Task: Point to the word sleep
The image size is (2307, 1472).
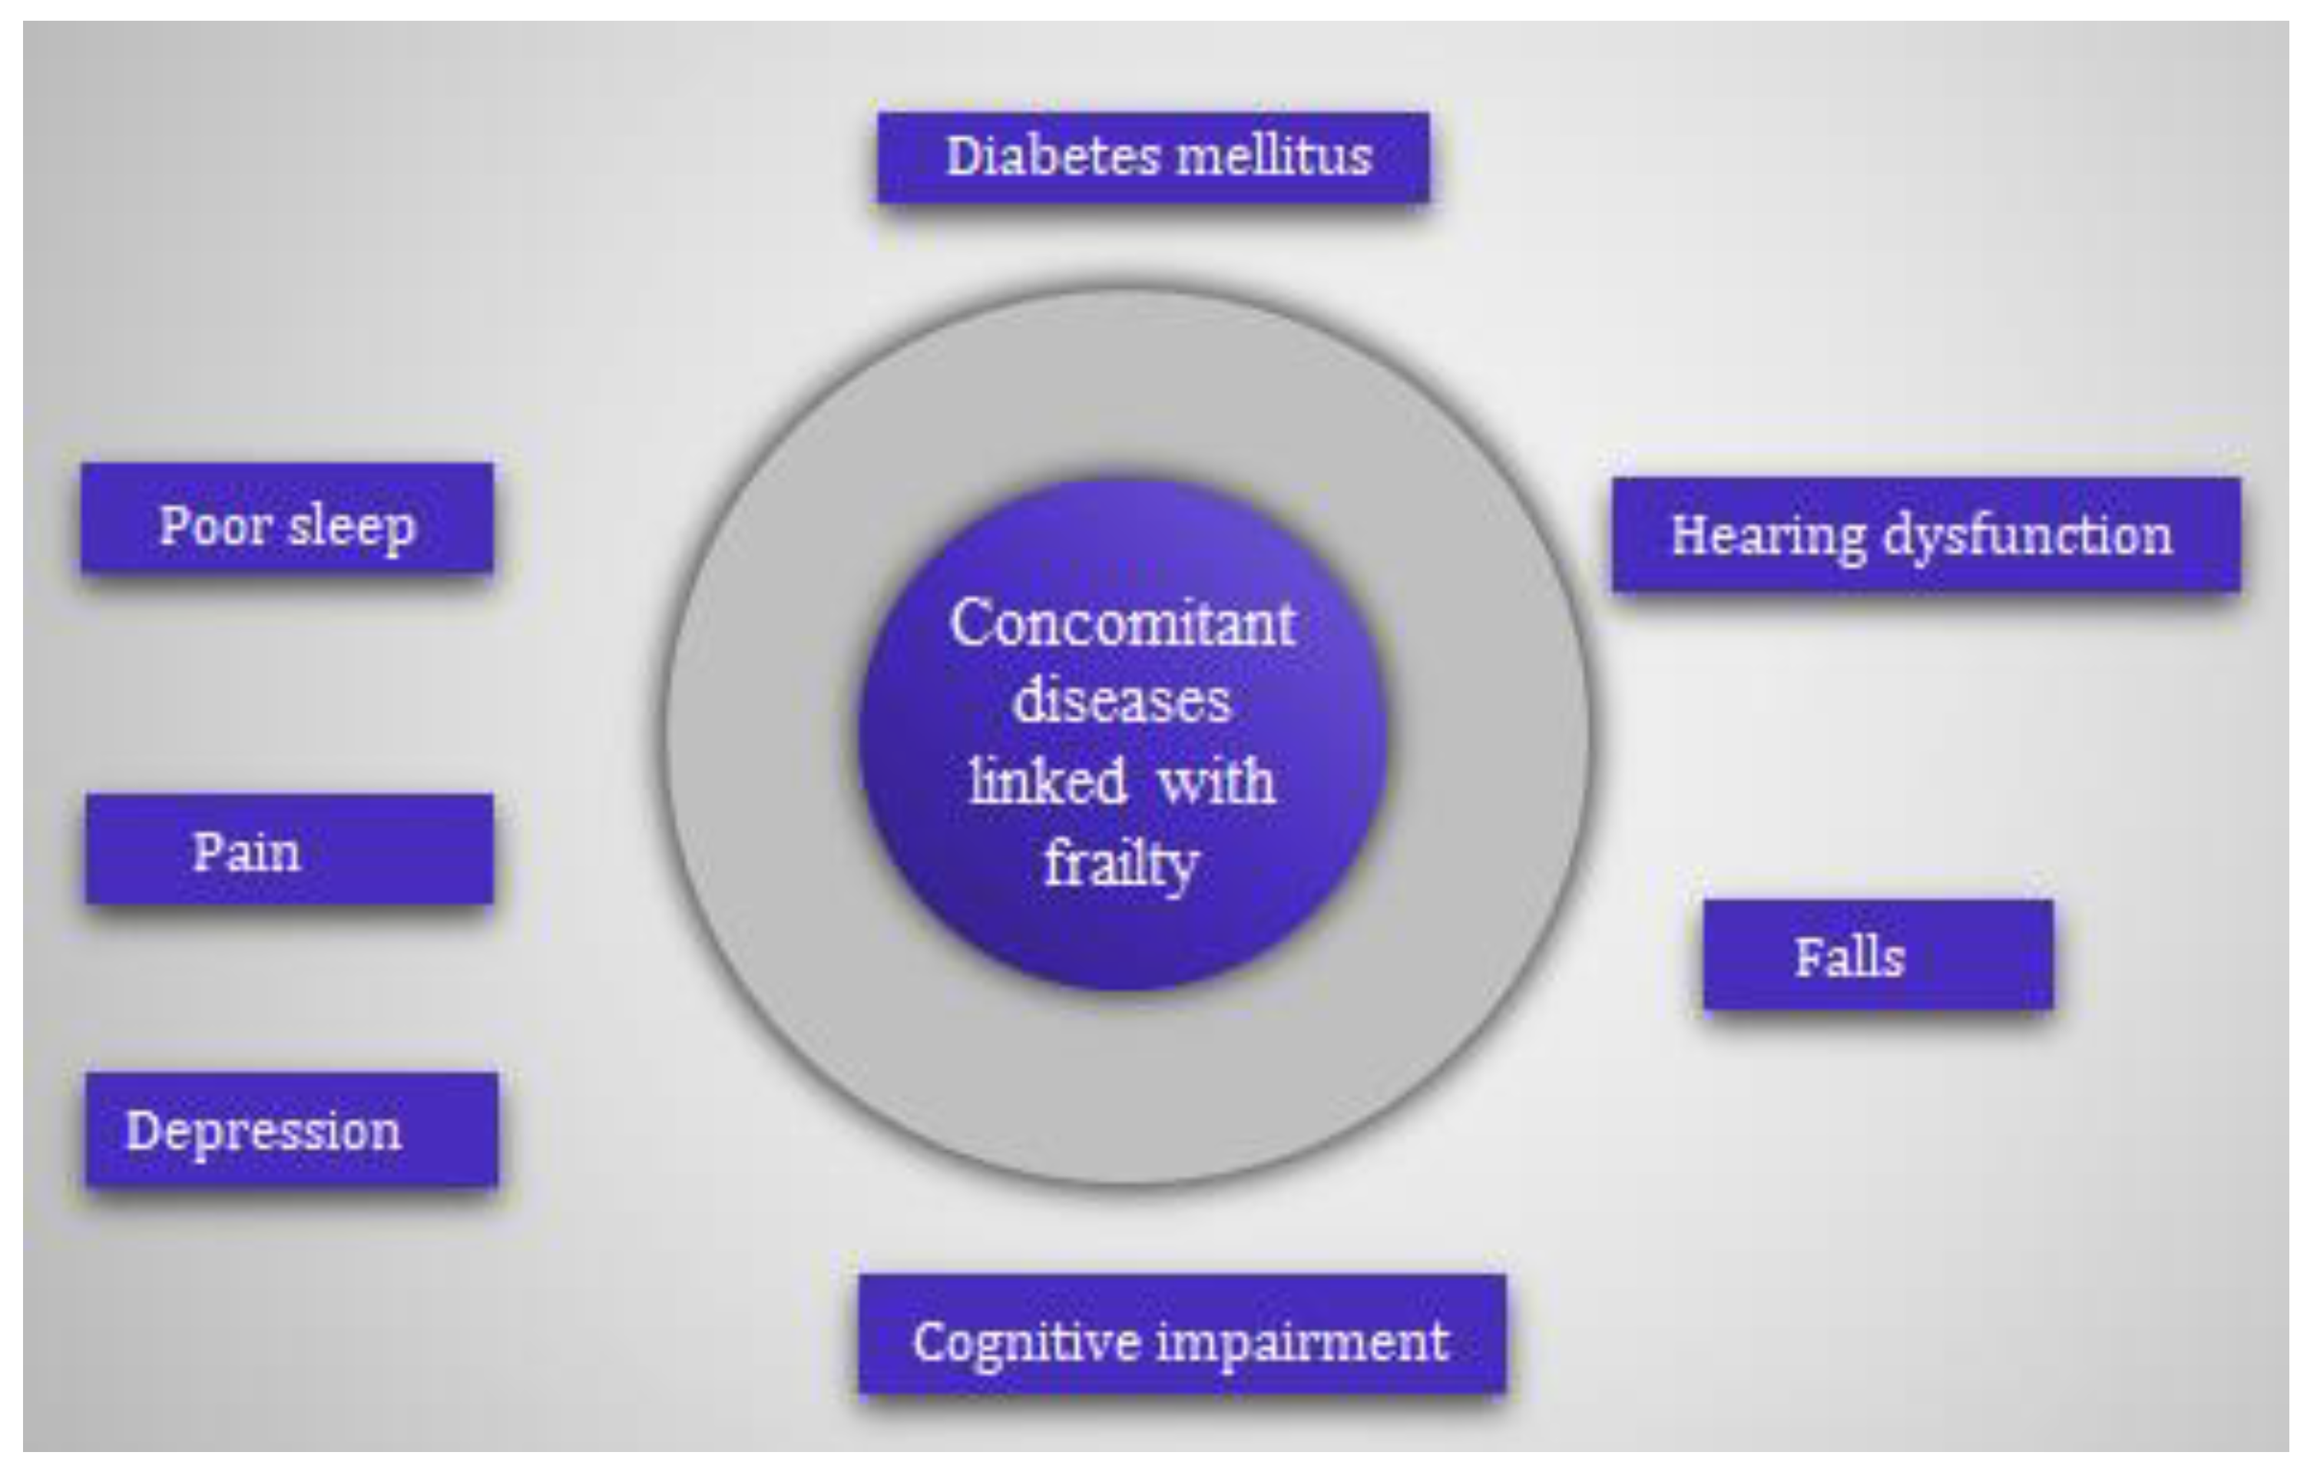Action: [x=351, y=527]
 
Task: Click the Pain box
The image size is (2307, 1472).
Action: [x=290, y=849]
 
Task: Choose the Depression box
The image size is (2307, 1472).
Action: [x=291, y=1130]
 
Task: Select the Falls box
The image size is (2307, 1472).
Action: [x=1878, y=954]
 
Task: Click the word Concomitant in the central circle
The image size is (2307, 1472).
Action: [x=1123, y=624]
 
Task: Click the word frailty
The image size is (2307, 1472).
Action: [x=1121, y=863]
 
